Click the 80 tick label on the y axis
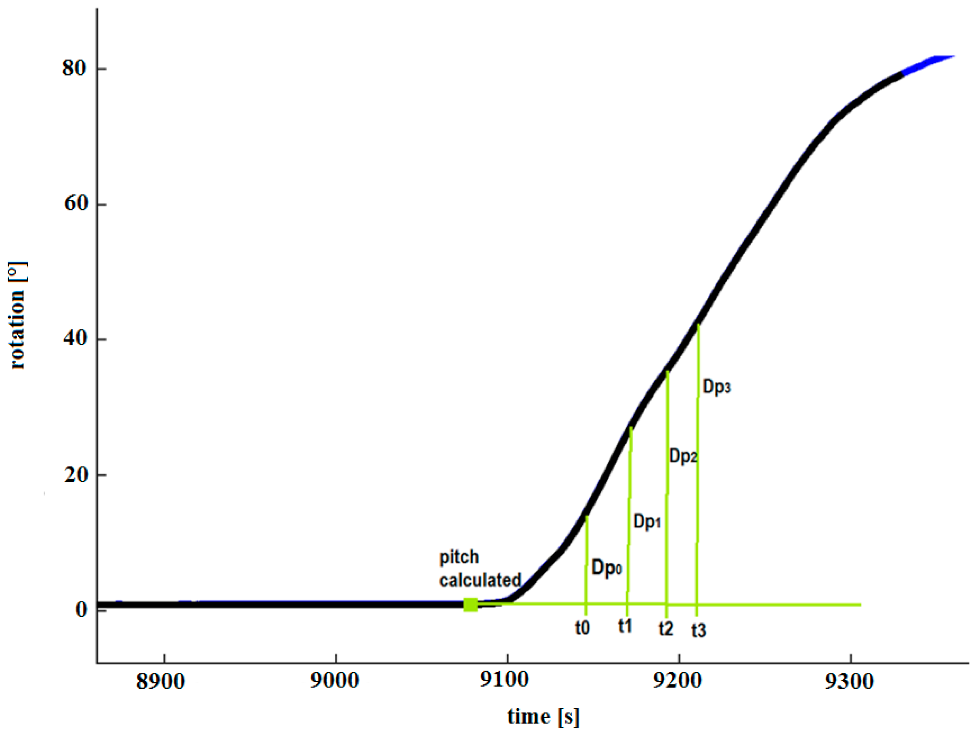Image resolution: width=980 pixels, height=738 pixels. point(73,68)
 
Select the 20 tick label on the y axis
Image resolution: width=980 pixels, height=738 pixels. point(76,475)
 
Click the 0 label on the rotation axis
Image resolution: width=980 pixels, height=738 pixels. point(81,610)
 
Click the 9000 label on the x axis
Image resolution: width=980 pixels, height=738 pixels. point(334,680)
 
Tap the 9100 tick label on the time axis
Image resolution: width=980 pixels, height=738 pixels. point(505,679)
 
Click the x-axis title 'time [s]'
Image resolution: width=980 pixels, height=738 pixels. point(543,716)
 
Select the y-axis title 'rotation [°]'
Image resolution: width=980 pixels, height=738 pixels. point(18,315)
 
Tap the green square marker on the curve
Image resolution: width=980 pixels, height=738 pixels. point(470,605)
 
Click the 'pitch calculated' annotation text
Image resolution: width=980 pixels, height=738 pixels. point(480,569)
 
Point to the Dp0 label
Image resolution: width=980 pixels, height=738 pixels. point(606,568)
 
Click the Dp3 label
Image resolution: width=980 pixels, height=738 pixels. point(716,387)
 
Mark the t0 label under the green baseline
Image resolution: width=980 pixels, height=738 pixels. point(582,628)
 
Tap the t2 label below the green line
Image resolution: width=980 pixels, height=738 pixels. point(666,629)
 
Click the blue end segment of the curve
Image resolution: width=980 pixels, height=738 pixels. point(928,63)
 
